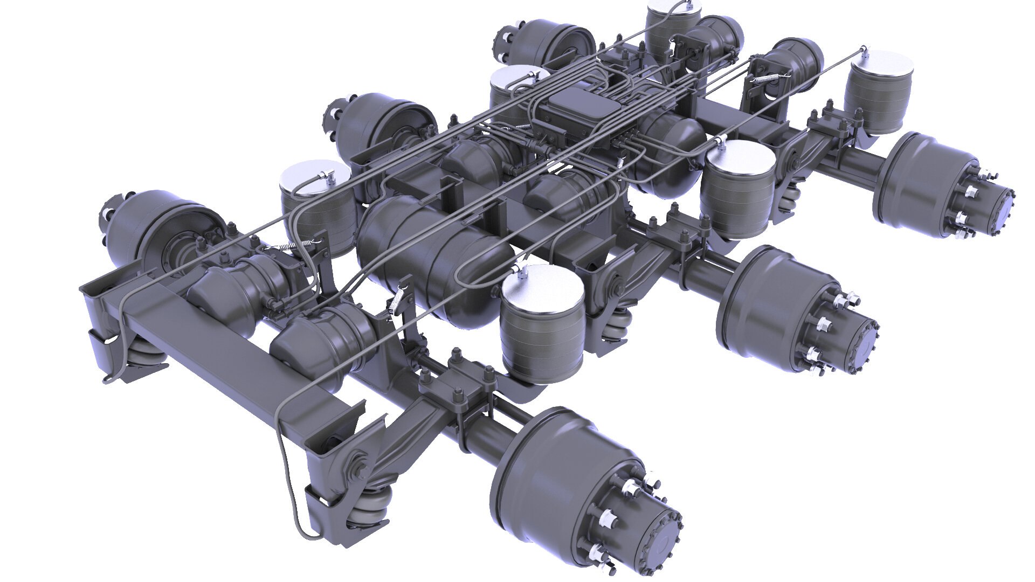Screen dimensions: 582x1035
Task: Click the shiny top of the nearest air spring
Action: [542, 283]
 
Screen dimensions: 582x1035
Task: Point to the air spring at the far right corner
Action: [879, 92]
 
